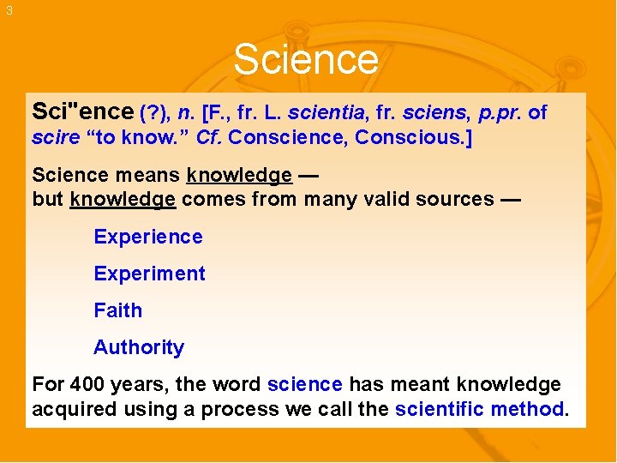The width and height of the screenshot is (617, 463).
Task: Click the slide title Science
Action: coord(305,60)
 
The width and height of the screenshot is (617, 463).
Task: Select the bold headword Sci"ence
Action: coord(82,111)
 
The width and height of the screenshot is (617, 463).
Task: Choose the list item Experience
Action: coord(148,237)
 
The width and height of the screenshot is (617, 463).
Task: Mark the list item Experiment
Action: coord(149,274)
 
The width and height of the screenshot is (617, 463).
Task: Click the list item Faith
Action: coord(117,310)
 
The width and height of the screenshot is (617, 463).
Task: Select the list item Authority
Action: coord(139,347)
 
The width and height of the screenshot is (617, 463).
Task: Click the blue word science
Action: coord(304,384)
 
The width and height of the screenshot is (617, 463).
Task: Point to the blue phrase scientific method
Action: coord(480,409)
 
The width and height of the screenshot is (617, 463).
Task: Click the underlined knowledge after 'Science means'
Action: coord(239,176)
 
